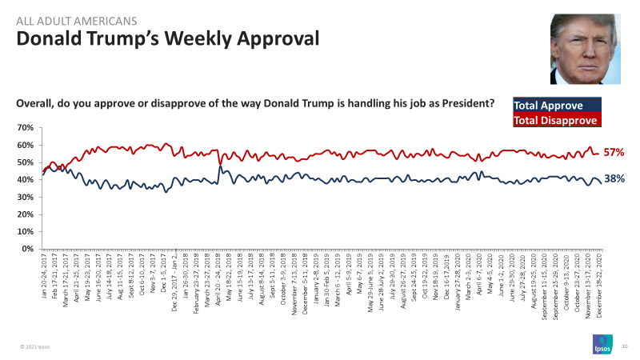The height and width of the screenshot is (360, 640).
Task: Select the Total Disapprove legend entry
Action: coord(556,121)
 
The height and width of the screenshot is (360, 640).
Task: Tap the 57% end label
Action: coord(614,152)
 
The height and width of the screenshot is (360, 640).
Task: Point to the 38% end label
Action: coord(614,180)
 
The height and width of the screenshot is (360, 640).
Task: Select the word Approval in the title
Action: coord(277,38)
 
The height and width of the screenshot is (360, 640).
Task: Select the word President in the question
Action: coord(463,104)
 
